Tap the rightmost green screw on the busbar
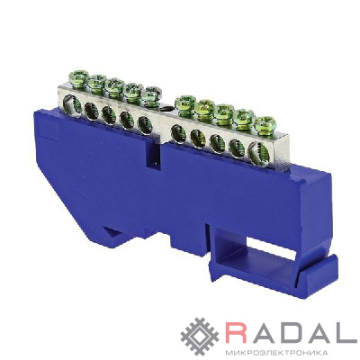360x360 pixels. click(x=265, y=123)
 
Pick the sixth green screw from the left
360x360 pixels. click(x=185, y=103)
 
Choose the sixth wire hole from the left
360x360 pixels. click(x=178, y=134)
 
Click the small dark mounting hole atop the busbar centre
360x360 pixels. click(x=166, y=109)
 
